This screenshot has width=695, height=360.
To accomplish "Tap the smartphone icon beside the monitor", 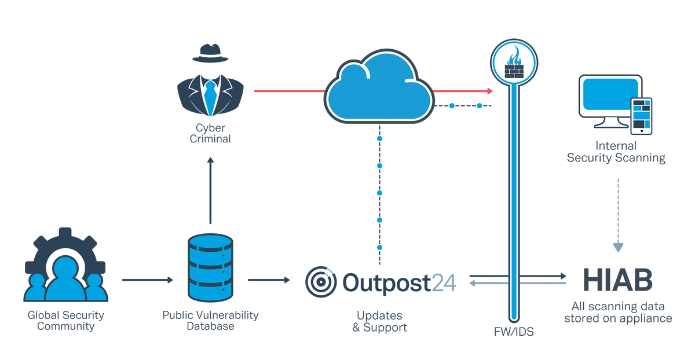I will pyautogui.click(x=641, y=116).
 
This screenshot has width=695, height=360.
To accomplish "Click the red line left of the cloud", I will pyautogui.click(x=286, y=92).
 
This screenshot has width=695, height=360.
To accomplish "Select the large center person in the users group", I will pyautogui.click(x=65, y=284).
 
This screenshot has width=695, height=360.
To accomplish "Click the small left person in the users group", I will pyautogui.click(x=37, y=288).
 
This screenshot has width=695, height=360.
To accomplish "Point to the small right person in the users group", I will pyautogui.click(x=94, y=288).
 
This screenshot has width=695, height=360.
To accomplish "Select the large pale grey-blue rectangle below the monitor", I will pyautogui.click(x=654, y=214).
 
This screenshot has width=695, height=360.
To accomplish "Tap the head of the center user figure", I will pyautogui.click(x=65, y=267).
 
